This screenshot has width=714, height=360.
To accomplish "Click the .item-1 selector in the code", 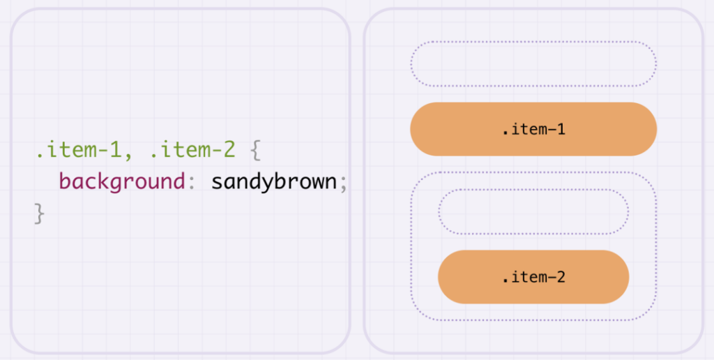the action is pos(78,151).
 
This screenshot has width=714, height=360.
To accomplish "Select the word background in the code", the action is pos(121,183).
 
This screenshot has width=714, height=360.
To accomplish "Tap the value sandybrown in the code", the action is pos(273,183).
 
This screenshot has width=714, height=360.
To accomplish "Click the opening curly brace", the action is pos(257,151).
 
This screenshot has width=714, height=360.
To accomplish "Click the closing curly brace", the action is pos(40,213).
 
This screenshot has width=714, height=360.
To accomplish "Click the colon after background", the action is pos(192,183).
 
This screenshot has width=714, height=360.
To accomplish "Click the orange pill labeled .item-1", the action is pos(533,129).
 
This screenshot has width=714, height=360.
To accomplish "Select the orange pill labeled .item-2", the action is pos(533,277).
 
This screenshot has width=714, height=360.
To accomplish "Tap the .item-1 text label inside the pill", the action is pos(533,130).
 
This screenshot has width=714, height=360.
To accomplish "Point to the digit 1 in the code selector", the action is pos(116,151).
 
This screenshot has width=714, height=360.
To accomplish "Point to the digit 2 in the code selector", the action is pos(229,151).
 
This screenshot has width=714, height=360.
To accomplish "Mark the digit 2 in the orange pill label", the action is pos(561,277).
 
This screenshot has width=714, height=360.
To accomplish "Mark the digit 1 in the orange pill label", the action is pos(561,129).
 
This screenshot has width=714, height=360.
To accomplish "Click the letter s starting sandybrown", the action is pos(217,183).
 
